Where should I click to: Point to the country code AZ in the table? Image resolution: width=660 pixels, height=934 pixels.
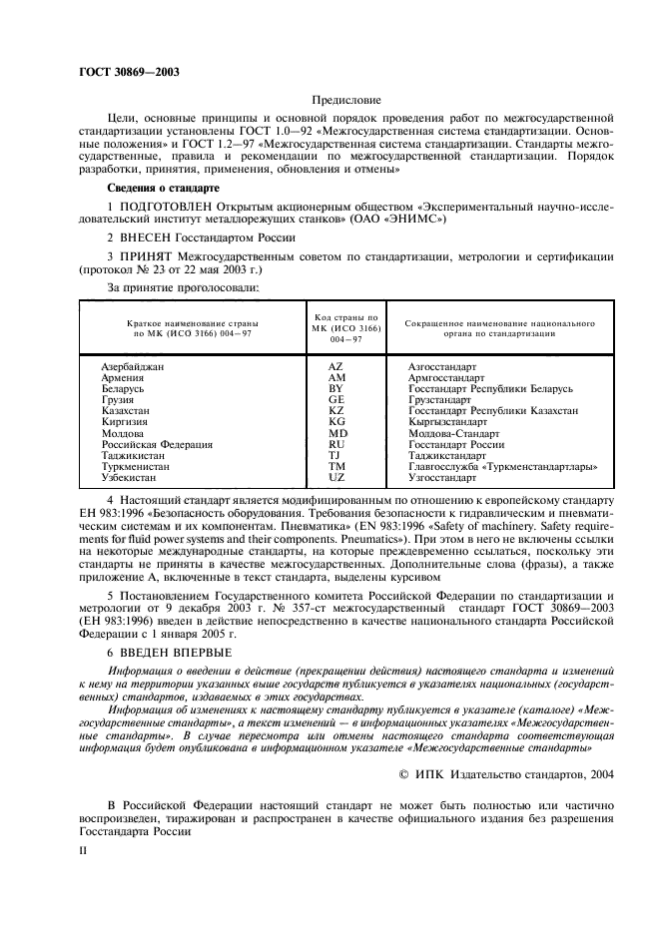tap(335, 367)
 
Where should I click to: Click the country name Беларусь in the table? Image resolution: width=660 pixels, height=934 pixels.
tap(122, 388)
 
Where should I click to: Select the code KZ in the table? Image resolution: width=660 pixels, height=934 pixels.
tap(335, 409)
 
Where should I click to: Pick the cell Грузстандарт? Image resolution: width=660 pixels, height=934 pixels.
tap(439, 399)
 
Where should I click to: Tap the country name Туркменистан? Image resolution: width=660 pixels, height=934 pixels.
tap(135, 466)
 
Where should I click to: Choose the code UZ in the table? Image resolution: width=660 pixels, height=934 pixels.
tap(335, 478)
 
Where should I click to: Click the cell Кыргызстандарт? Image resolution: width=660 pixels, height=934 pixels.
tap(448, 422)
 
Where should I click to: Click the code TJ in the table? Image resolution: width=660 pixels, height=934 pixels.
tap(335, 455)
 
